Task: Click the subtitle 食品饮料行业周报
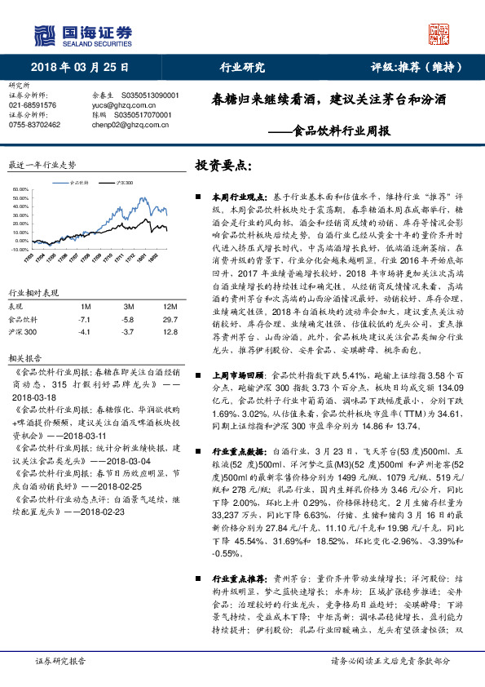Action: tap(342, 131)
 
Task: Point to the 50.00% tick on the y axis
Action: tap(20, 196)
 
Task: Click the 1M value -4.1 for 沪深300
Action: tap(84, 332)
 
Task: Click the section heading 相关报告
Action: tap(21, 358)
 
